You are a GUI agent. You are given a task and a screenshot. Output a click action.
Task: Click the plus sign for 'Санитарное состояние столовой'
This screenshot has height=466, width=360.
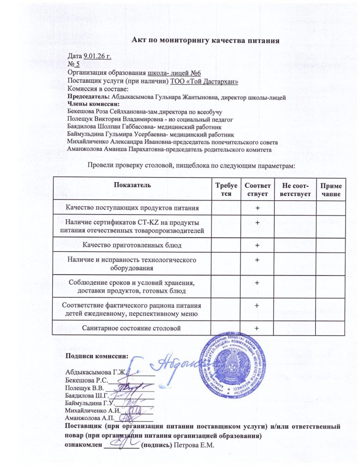coord(256,329)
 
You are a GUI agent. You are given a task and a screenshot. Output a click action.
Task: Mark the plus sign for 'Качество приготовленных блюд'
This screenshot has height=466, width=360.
coord(256,245)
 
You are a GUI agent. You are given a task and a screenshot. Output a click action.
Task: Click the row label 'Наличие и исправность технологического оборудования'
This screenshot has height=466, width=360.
coord(132,264)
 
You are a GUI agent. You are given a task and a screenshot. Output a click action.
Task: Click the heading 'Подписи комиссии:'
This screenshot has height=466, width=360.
coord(96,356)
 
